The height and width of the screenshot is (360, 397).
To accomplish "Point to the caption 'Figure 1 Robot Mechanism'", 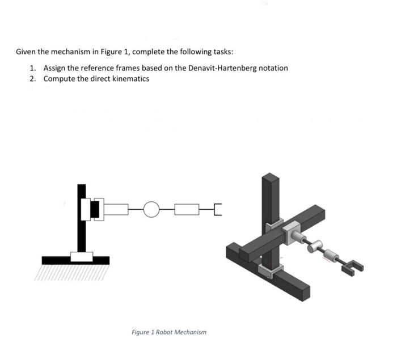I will coord(169,332).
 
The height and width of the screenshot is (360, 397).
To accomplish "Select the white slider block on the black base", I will coord(82,256).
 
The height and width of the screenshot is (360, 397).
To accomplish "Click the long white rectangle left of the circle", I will coord(117,209).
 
